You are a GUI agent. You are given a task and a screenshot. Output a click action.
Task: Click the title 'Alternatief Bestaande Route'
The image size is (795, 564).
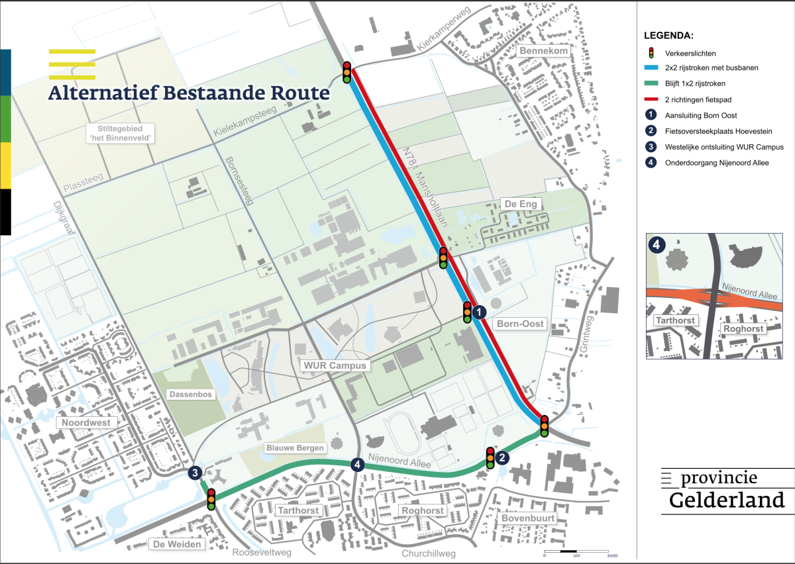click(188, 92)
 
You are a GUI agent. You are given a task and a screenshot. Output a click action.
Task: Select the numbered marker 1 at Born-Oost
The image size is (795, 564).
click(480, 311)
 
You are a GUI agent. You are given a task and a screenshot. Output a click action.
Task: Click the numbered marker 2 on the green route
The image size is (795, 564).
click(503, 457)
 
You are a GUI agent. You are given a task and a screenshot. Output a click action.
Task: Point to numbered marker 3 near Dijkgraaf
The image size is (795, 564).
click(195, 472)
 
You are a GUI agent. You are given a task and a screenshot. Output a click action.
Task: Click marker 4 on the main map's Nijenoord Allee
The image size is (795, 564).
click(358, 465)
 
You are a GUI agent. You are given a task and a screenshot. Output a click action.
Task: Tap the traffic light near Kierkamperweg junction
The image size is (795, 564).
click(347, 71)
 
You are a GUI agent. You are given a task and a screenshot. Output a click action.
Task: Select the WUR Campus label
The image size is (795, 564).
click(335, 365)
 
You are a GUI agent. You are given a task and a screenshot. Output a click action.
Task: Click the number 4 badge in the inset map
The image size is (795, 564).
click(656, 245)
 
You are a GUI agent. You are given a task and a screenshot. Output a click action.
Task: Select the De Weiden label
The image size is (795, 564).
click(176, 544)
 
